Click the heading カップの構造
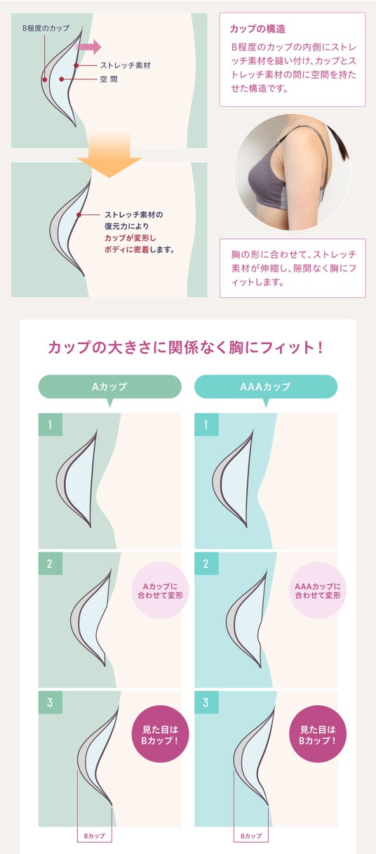click(257, 29)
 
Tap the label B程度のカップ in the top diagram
click(46, 28)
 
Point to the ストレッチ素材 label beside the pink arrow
click(126, 65)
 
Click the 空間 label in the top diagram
click(109, 79)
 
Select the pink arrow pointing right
click(88, 47)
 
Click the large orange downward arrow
click(109, 155)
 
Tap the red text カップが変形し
click(130, 238)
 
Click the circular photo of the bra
click(293, 172)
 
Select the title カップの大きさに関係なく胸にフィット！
click(185, 348)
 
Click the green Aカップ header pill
click(109, 386)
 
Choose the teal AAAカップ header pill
click(266, 386)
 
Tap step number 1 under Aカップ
click(51, 424)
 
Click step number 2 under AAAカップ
click(206, 563)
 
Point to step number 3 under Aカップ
click(51, 702)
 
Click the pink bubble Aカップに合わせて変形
click(161, 591)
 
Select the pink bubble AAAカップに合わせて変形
click(318, 591)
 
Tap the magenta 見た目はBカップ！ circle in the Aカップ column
click(161, 735)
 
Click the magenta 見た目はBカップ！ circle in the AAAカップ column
click(318, 735)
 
